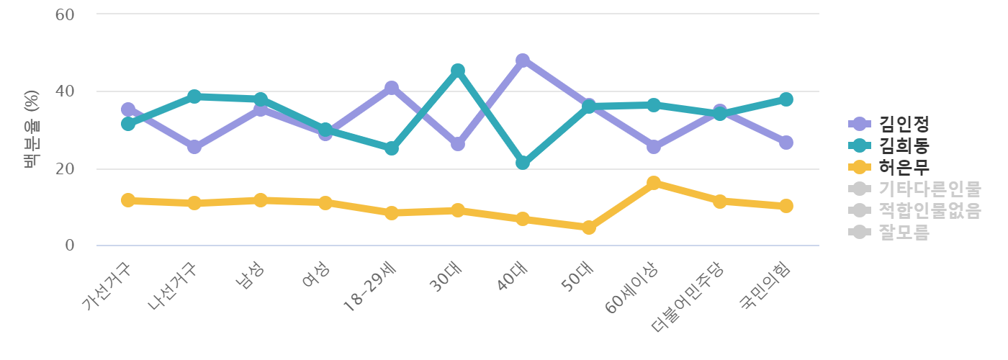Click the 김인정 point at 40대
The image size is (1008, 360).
(523, 60)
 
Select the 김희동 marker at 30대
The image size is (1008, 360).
(457, 71)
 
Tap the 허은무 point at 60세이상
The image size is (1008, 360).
(654, 183)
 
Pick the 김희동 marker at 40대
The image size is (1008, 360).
(523, 163)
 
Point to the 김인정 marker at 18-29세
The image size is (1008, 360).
(392, 88)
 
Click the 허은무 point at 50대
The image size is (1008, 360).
(588, 228)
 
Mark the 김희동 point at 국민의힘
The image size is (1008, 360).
(786, 99)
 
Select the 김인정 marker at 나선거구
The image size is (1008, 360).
(194, 147)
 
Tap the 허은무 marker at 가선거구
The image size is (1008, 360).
(128, 200)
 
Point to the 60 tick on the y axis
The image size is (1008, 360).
(66, 14)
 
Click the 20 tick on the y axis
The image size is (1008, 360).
(66, 169)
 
